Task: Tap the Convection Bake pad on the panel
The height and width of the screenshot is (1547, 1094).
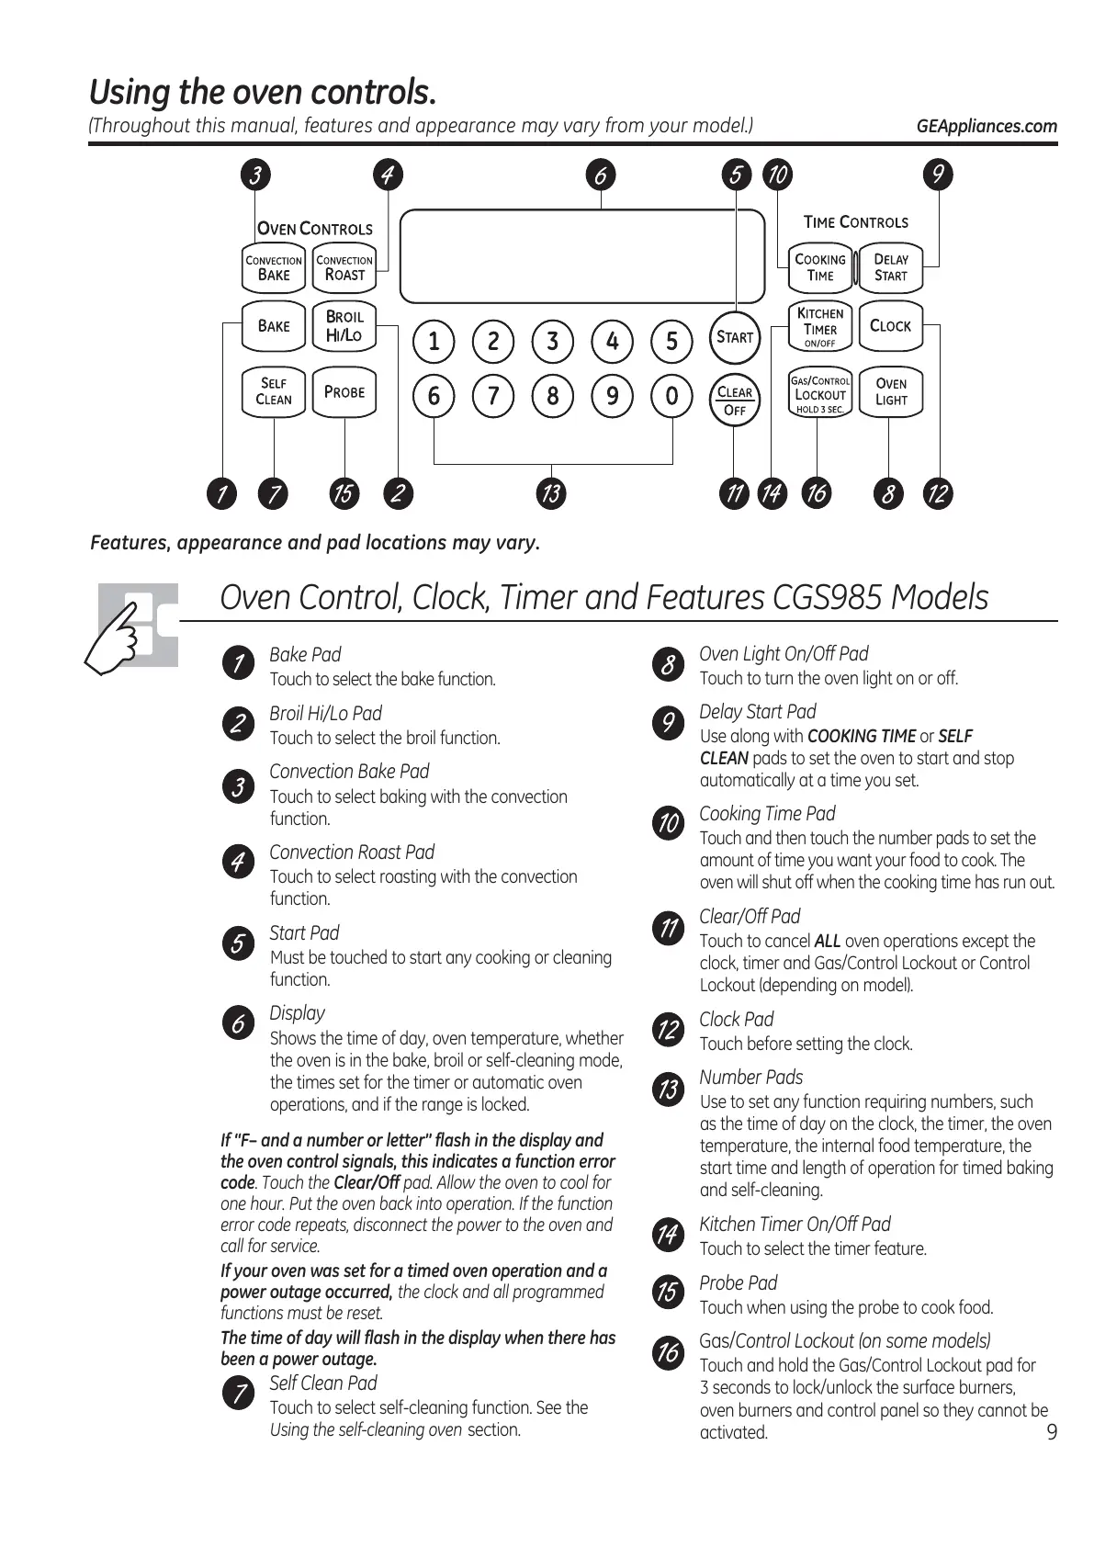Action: (x=273, y=267)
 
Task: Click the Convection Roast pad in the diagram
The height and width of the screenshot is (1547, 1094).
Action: (x=344, y=267)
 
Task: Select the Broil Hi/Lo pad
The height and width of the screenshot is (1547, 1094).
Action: (x=344, y=326)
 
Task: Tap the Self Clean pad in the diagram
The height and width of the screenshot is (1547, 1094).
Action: (x=273, y=392)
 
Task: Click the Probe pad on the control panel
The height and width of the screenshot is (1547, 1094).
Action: (x=344, y=392)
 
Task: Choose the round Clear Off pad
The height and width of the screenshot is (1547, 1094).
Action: (x=735, y=401)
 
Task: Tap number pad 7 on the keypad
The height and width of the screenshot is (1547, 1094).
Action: (x=493, y=396)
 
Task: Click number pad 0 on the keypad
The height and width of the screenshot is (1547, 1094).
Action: (x=671, y=396)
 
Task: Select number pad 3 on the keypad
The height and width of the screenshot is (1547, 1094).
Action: (x=552, y=342)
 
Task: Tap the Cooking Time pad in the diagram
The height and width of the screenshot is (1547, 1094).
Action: (x=820, y=267)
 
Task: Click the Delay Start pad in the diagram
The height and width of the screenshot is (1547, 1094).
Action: (x=890, y=267)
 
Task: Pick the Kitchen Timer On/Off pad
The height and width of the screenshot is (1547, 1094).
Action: (x=820, y=326)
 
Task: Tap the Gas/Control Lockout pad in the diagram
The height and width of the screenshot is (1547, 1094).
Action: (x=820, y=393)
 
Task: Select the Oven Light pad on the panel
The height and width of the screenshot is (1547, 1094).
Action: (x=890, y=392)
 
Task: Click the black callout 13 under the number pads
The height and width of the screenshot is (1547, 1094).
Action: (x=551, y=493)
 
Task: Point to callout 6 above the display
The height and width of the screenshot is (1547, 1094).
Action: (x=601, y=175)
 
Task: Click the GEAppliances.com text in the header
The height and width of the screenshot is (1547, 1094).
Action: (x=987, y=127)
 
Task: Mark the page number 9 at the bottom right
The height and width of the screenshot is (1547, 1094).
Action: (x=1052, y=1432)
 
